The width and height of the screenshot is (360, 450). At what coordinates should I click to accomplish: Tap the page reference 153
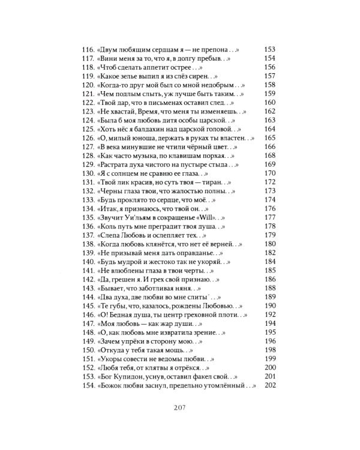click(x=269, y=49)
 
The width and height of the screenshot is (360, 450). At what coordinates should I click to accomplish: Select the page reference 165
click(x=269, y=137)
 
